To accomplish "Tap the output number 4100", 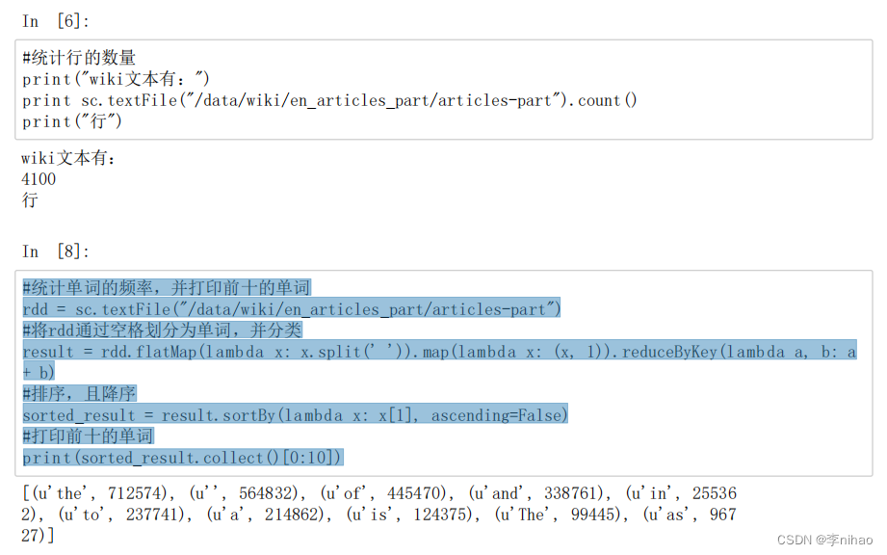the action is point(39,179).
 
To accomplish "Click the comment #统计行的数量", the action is point(79,58).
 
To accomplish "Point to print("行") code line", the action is point(72,121).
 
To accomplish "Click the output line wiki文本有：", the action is point(68,158).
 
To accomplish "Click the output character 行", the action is point(30,200).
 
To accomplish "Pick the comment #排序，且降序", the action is point(79,393).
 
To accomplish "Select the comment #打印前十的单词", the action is point(89,436).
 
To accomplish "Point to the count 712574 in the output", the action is point(142,493).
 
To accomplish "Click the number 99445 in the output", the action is point(584,515).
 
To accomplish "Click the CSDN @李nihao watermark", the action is point(824,540).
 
